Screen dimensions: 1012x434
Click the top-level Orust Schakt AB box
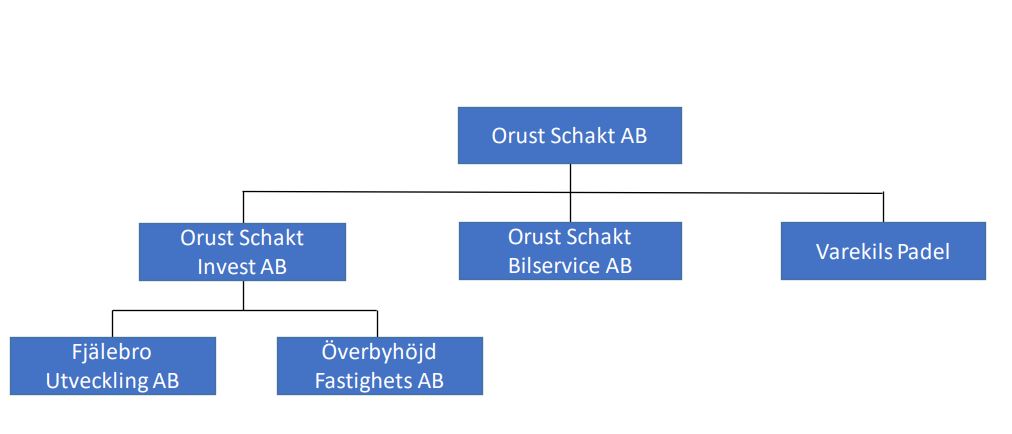click(x=570, y=136)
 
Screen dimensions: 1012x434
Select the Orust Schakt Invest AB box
click(x=242, y=252)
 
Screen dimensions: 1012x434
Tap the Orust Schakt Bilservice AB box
click(x=570, y=251)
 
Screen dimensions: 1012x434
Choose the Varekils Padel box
click(x=883, y=251)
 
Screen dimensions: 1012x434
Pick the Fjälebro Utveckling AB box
click(x=112, y=366)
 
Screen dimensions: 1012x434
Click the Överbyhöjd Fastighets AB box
click(x=380, y=366)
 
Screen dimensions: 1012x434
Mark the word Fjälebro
click(x=112, y=352)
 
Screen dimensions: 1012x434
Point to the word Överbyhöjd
click(x=379, y=352)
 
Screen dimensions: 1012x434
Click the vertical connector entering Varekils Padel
click(x=883, y=207)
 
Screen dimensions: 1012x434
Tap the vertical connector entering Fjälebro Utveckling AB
click(x=112, y=324)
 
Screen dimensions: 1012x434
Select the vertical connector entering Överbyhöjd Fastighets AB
click(x=377, y=324)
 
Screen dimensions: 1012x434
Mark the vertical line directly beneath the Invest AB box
click(x=243, y=296)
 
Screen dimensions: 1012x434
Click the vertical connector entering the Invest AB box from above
click(x=243, y=207)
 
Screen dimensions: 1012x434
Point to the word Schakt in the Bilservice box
click(x=599, y=237)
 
